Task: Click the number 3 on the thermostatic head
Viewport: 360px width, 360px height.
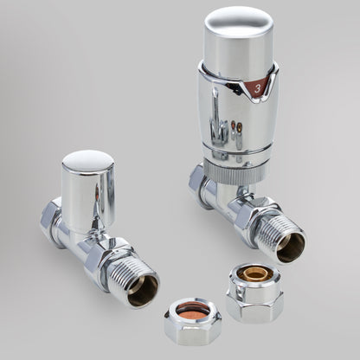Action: point(257,88)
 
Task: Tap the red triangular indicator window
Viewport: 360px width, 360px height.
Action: point(259,87)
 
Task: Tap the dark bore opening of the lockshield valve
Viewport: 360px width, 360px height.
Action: point(143,291)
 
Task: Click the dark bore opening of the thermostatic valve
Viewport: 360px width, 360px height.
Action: point(291,247)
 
